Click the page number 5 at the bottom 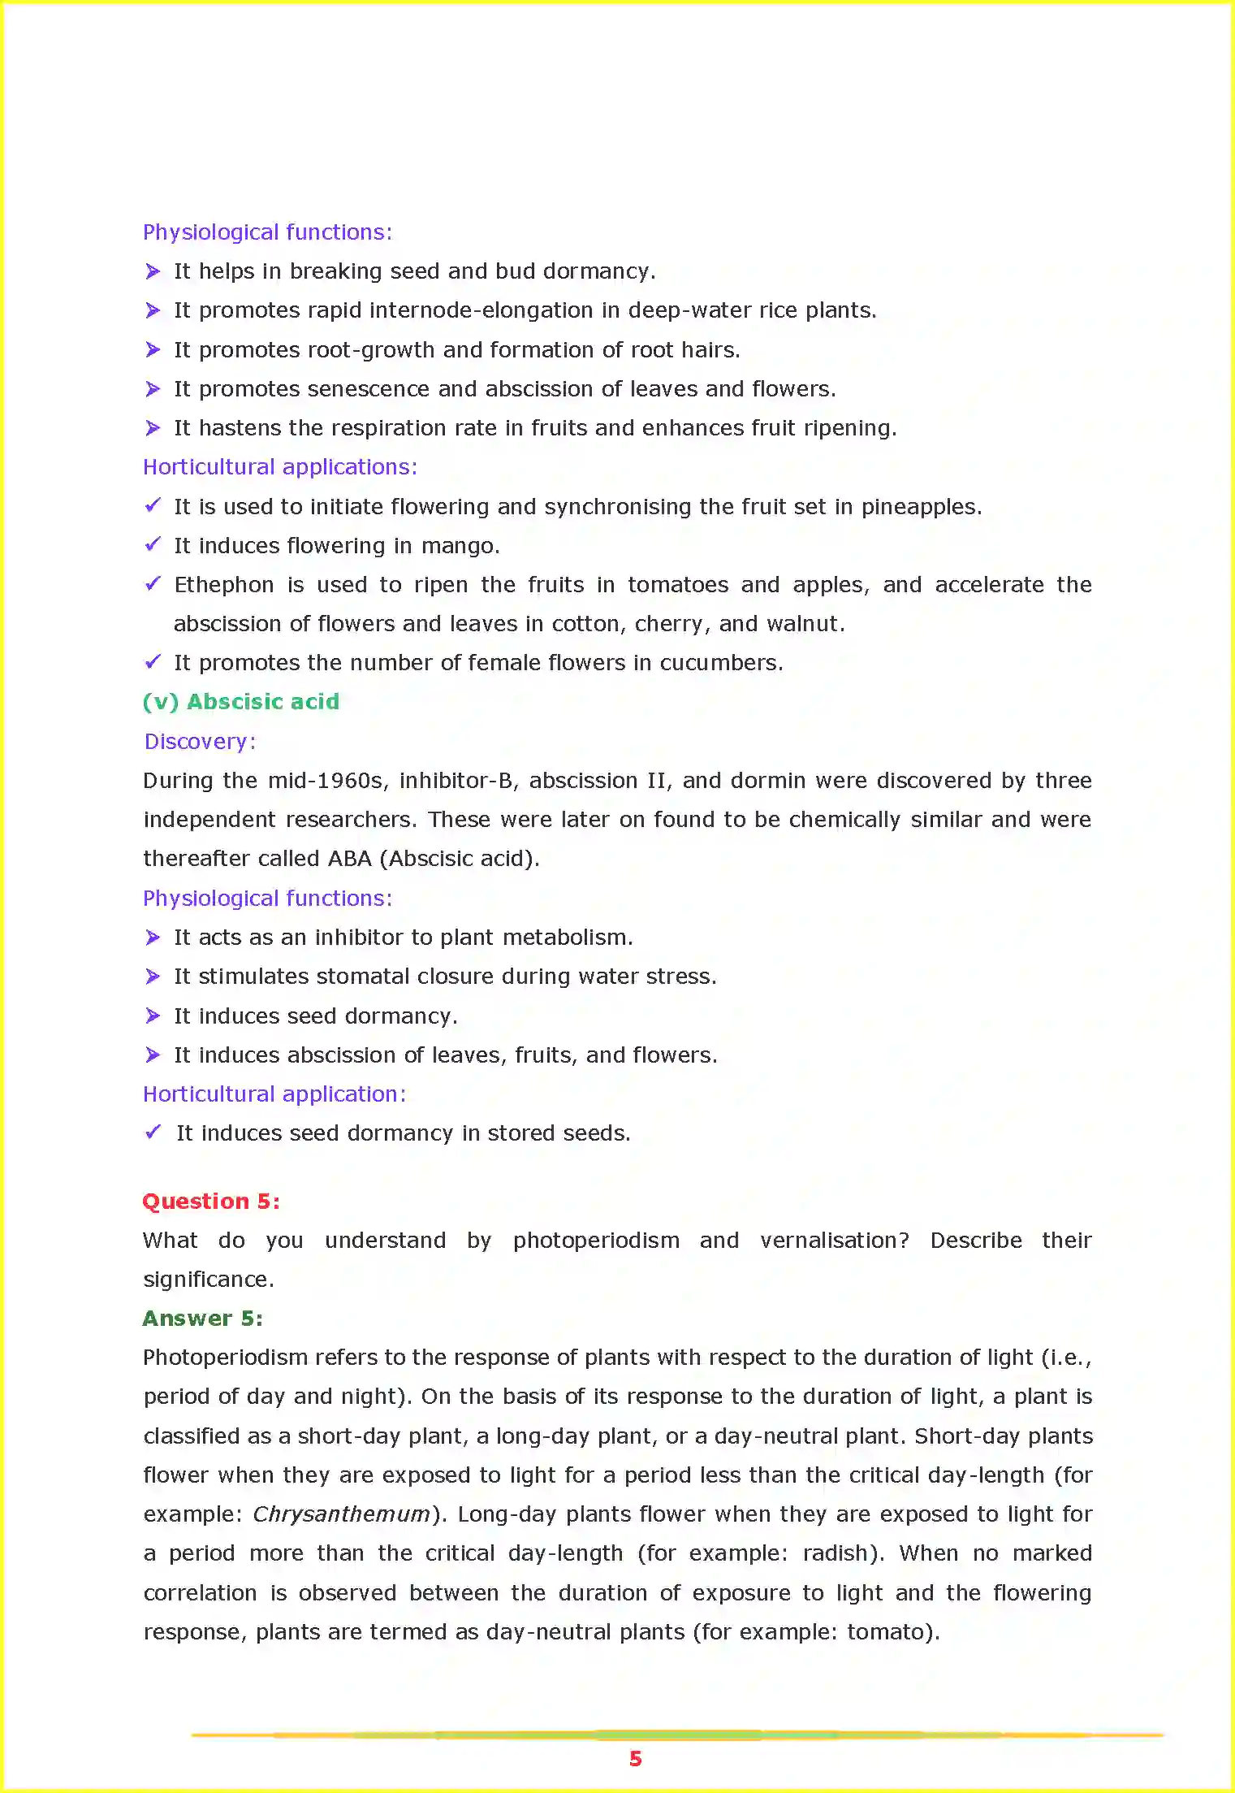point(635,1759)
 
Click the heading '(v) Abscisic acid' point(241,702)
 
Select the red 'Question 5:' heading point(211,1201)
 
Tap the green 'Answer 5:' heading point(203,1318)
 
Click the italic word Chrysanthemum point(341,1514)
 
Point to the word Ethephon point(224,585)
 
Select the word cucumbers point(719,663)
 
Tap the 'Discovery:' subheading point(200,742)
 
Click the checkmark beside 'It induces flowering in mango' point(153,544)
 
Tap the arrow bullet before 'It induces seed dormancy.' point(153,1016)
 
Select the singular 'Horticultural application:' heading point(274,1094)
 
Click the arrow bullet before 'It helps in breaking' point(153,271)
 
